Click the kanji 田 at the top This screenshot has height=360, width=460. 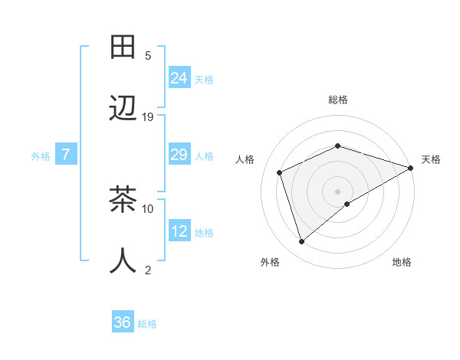pyautogui.click(x=123, y=48)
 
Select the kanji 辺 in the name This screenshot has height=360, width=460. pyautogui.click(x=123, y=108)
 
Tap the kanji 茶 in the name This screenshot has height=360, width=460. pyautogui.click(x=123, y=200)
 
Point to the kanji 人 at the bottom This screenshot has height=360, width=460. pyautogui.click(x=123, y=260)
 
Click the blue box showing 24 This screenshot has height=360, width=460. pyautogui.click(x=179, y=77)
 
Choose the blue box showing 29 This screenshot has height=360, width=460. pyautogui.click(x=179, y=155)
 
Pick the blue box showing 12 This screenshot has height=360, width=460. pyautogui.click(x=179, y=231)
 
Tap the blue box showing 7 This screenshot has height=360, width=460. pyautogui.click(x=66, y=155)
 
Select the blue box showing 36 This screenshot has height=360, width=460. pyautogui.click(x=123, y=322)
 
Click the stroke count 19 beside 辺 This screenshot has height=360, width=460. pyautogui.click(x=148, y=117)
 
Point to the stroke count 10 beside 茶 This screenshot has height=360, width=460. pyautogui.click(x=148, y=208)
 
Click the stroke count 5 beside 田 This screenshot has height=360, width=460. pyautogui.click(x=148, y=56)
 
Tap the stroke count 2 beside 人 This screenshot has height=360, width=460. pyautogui.click(x=148, y=270)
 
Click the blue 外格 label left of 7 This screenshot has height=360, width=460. pyautogui.click(x=41, y=155)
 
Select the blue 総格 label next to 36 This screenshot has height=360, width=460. pyautogui.click(x=147, y=324)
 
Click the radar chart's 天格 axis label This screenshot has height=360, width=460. pyautogui.click(x=431, y=159)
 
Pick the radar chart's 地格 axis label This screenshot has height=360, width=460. pyautogui.click(x=402, y=262)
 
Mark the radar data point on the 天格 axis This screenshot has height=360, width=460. pyautogui.click(x=411, y=168)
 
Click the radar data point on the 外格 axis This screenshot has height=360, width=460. pyautogui.click(x=301, y=242)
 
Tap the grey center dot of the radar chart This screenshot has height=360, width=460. pyautogui.click(x=337, y=191)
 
